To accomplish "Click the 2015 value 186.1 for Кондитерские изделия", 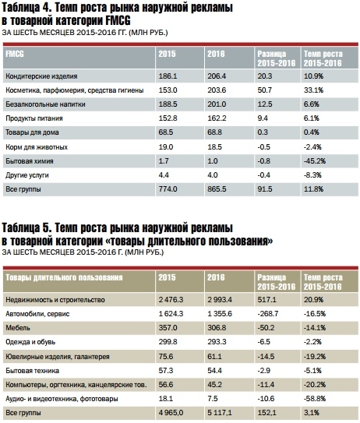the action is pos(168,76).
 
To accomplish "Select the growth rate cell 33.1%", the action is pos(313,90).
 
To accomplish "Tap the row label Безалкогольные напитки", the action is pos(45,104).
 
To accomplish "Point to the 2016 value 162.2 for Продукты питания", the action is pos(217,118).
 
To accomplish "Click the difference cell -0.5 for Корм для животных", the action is pos(263,147).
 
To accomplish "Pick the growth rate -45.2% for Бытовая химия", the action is pos(314,161).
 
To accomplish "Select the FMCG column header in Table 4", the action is pos(15,54).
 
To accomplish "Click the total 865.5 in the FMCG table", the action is pos(217,189).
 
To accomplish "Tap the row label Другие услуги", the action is pos(27,175).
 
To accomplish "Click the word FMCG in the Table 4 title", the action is pos(118,20).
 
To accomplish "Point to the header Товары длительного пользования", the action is pos(64,277).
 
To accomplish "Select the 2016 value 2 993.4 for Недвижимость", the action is pos(220,300).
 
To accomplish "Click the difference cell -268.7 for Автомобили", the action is pos(268,314).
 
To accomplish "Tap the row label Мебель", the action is pos(18,328).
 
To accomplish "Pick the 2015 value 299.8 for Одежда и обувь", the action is pos(168,342).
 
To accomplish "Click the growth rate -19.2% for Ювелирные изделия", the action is pos(314,357).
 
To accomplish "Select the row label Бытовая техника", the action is pos(33,371).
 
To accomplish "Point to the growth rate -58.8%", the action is pos(314,399).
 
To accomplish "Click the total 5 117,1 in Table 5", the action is pos(220,413).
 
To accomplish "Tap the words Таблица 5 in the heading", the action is pos(26,228).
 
